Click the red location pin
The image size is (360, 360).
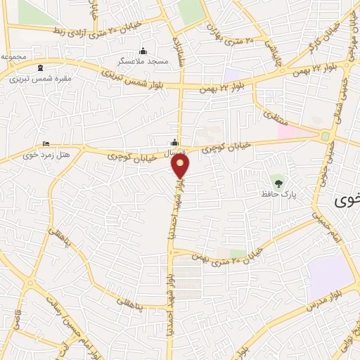(x=181, y=166)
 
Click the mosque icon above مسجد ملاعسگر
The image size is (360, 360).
(x=144, y=51)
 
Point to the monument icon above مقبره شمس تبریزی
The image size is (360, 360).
(x=39, y=68)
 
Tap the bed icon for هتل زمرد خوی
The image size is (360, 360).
(x=46, y=143)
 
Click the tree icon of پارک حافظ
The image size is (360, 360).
(x=279, y=183)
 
